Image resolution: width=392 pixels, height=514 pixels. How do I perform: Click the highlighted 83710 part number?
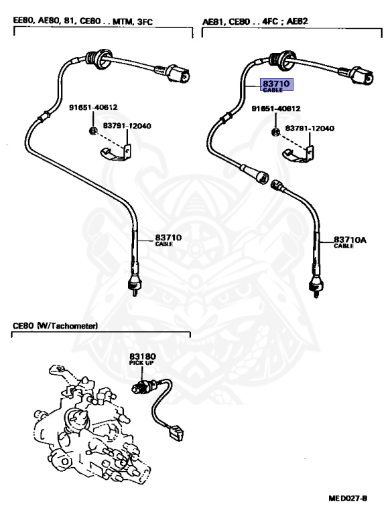click(x=276, y=84)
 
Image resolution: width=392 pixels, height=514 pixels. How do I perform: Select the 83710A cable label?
click(x=350, y=242)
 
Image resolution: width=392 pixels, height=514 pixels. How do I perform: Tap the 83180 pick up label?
click(x=143, y=359)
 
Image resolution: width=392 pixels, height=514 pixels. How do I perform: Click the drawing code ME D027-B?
click(x=348, y=498)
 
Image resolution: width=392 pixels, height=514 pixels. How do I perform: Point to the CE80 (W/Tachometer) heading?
click(x=55, y=325)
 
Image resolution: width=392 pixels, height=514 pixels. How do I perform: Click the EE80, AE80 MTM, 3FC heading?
click(x=82, y=21)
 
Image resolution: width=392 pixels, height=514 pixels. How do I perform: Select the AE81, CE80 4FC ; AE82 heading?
click(x=255, y=21)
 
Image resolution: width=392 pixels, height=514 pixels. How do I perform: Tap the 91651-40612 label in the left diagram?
click(x=93, y=107)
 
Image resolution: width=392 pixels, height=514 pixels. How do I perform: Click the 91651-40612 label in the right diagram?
click(x=276, y=108)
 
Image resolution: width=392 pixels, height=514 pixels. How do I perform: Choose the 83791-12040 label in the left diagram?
click(x=127, y=126)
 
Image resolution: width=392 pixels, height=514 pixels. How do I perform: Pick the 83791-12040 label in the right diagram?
click(x=310, y=128)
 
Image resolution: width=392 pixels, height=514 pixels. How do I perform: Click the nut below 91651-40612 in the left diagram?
click(x=93, y=131)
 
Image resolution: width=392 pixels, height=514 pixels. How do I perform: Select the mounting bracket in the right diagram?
click(x=299, y=154)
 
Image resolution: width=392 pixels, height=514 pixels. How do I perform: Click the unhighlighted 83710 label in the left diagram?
click(x=168, y=240)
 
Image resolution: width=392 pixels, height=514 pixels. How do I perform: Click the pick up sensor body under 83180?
click(x=141, y=388)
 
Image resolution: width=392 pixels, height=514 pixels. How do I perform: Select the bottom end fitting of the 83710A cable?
click(x=314, y=287)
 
